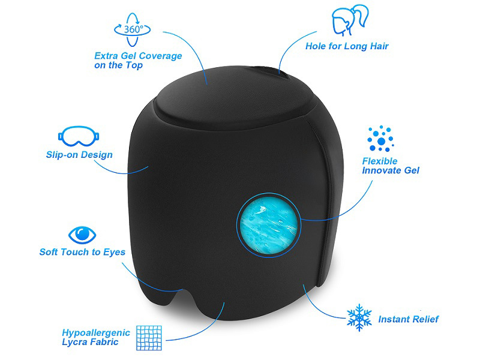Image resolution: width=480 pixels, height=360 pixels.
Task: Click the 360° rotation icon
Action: [x=132, y=29]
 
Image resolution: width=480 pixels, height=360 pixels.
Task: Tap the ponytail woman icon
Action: [x=349, y=20]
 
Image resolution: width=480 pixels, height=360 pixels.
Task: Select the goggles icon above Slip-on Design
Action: [x=79, y=136]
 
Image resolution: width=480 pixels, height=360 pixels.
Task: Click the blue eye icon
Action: [x=82, y=235]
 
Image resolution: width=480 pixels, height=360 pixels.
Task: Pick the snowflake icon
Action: [x=359, y=317]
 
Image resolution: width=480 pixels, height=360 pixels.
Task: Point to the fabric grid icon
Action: [x=149, y=338]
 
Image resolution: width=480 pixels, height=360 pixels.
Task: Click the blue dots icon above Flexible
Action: [x=380, y=139]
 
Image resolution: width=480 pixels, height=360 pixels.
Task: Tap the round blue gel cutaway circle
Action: [x=268, y=225]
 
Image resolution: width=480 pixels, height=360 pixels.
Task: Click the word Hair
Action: [x=379, y=46]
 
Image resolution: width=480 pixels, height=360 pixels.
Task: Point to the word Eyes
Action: [x=114, y=252]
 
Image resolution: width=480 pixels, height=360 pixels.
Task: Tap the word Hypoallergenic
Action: [x=96, y=333]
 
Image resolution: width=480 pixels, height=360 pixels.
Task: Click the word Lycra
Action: [x=72, y=342]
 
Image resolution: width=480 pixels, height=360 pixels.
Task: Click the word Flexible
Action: [x=380, y=161]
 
